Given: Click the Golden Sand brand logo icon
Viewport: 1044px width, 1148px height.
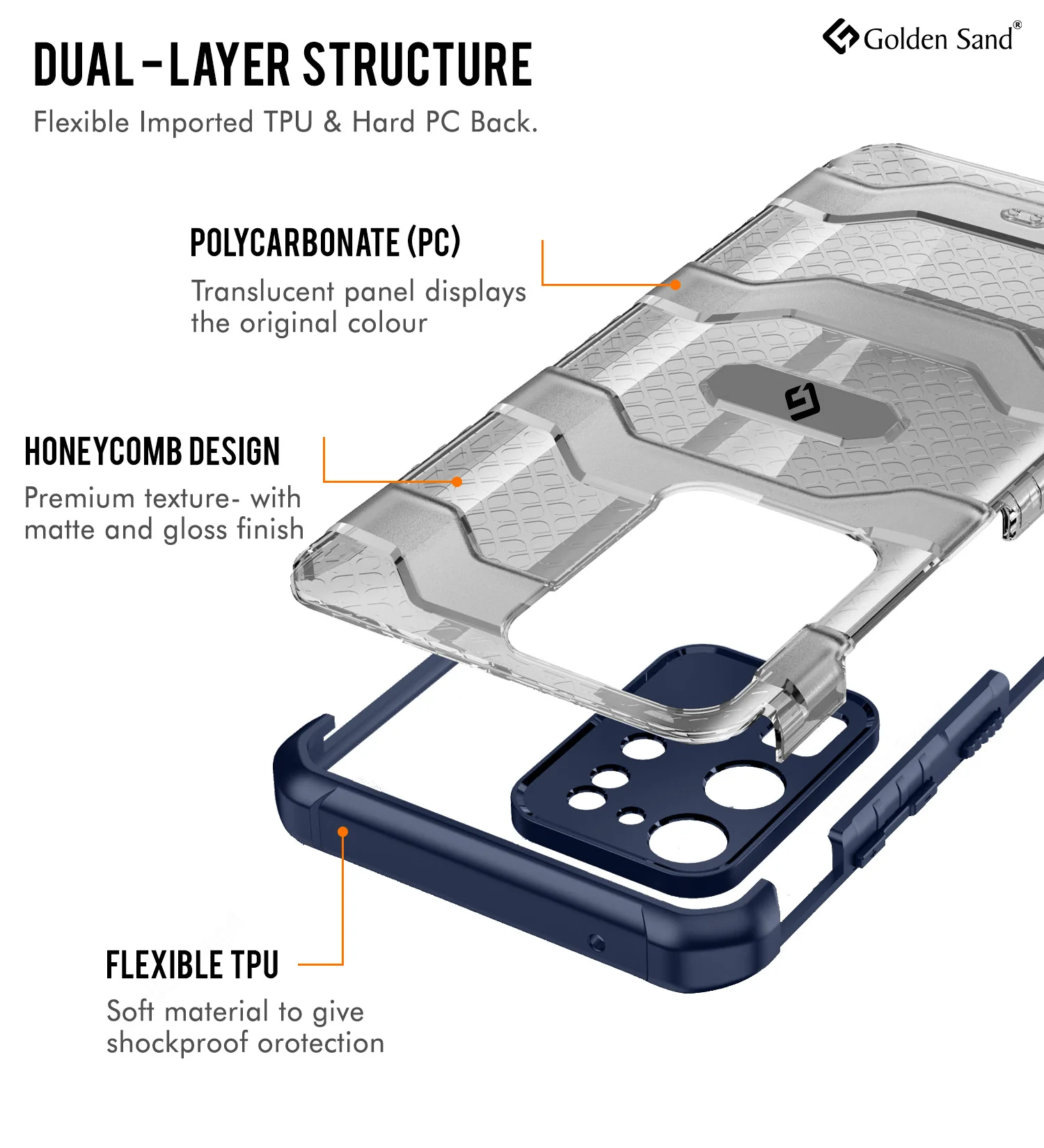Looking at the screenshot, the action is [x=841, y=36].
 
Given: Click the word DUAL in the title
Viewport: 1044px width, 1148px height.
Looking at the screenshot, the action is [x=84, y=65].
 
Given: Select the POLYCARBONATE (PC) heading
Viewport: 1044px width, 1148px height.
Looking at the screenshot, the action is [x=325, y=242].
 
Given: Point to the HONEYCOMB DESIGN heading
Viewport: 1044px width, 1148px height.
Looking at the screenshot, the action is [x=152, y=452].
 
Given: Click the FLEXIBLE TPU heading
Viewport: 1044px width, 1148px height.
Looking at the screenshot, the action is [x=192, y=965].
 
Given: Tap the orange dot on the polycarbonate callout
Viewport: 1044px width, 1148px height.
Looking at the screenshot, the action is [x=675, y=285].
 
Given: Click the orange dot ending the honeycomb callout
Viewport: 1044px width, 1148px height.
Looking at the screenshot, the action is [x=457, y=481].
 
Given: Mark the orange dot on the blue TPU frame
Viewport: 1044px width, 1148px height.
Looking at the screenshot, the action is [x=342, y=832].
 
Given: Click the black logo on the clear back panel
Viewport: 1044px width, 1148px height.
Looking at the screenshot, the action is [x=802, y=402].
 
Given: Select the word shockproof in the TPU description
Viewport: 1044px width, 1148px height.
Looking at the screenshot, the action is [x=177, y=1043].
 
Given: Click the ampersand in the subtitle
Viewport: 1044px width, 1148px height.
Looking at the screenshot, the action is [x=333, y=122].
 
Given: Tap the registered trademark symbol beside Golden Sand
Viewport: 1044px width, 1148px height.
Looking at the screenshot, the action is [x=1017, y=25].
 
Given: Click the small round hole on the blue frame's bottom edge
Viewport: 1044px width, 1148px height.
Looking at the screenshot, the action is [x=596, y=943].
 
